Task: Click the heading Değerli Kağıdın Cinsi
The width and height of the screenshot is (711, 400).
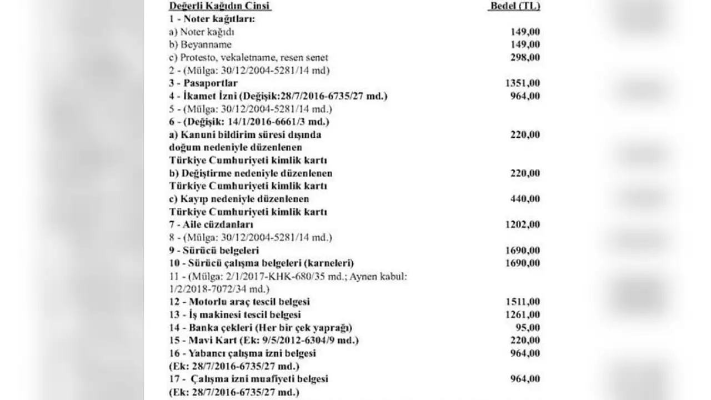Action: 219,6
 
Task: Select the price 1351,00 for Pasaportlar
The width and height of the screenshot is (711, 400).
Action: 522,83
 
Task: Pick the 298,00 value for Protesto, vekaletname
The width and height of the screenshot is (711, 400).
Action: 525,57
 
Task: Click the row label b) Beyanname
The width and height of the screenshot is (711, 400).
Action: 201,44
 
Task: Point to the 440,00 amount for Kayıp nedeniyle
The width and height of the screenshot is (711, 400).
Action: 525,199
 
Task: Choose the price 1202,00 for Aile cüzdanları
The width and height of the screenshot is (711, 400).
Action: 522,224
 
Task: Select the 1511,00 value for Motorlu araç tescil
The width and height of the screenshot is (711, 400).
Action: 522,302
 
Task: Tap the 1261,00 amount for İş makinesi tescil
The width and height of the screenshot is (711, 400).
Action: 522,315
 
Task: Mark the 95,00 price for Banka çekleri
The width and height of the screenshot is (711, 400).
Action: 527,328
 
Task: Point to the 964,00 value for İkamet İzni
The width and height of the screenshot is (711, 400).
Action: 525,96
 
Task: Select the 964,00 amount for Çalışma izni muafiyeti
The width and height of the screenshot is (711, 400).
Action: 525,379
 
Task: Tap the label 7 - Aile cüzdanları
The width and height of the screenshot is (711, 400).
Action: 211,224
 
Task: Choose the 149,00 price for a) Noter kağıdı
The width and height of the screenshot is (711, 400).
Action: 525,32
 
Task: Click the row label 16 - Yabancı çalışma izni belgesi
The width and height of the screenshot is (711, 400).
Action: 242,353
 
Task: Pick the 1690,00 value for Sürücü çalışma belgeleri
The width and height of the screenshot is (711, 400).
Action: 522,263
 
